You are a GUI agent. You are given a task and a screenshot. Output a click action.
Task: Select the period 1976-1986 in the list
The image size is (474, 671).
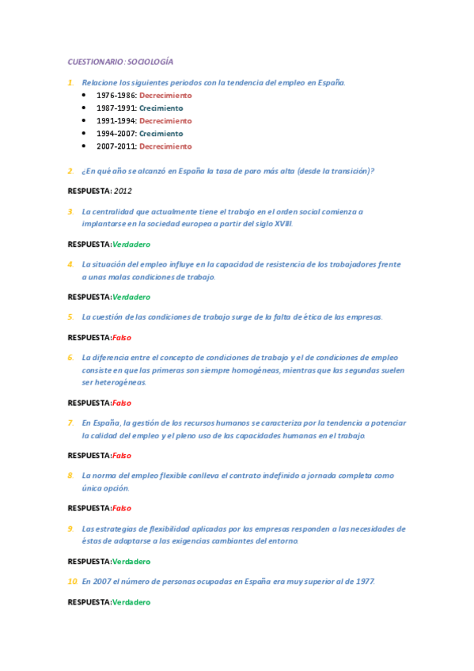coord(116,96)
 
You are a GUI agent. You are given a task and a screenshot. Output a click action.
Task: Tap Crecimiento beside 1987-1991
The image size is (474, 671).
coord(161,108)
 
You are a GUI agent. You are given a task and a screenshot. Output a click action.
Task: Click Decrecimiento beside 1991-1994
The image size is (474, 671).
coord(165,121)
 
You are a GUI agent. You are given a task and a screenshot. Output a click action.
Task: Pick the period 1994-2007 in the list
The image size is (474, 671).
coord(116,134)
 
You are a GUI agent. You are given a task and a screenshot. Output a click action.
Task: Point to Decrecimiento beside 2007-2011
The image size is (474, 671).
coord(165,146)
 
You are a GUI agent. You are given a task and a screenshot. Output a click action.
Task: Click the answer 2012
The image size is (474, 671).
coord(123,191)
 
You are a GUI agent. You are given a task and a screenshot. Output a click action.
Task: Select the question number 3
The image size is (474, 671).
coord(70,212)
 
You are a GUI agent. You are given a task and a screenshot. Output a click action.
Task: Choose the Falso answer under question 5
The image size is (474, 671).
coord(122,338)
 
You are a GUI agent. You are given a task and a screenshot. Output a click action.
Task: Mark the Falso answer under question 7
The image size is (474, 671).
coord(122,456)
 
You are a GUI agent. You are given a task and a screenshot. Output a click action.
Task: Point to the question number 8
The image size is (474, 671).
coord(70,476)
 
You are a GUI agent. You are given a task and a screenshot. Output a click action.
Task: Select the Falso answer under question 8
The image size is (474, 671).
coord(122,509)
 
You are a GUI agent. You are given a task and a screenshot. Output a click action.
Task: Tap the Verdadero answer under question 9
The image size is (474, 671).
coord(131,562)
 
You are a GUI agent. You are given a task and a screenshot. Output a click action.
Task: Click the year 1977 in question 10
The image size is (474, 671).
coord(364,582)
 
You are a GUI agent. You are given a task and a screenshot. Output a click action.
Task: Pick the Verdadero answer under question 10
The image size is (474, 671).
coord(131,602)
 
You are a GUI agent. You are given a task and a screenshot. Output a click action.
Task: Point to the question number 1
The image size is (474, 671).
coord(70,82)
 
